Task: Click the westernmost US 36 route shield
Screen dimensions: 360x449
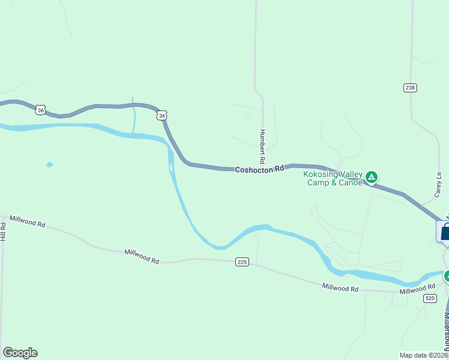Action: point(40,109)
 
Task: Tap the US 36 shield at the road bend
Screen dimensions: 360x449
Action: point(162,115)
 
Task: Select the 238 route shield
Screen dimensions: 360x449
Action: point(410,88)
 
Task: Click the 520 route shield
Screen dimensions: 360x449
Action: point(429,298)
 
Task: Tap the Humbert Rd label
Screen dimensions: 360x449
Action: point(262,146)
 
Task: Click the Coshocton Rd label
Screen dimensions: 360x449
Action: point(259,170)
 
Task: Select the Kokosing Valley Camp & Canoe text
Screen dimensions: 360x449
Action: point(334,178)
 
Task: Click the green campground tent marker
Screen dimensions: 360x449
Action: point(372,176)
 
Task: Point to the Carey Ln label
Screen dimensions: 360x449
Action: point(439,187)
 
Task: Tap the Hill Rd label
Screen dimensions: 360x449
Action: point(3,232)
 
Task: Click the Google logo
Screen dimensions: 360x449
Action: point(20,353)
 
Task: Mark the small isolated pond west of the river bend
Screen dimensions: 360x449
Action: point(49,164)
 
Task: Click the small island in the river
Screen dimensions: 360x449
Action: point(172,167)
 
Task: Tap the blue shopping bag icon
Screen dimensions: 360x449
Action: point(445,233)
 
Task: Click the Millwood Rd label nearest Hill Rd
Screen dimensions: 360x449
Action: point(27,223)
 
